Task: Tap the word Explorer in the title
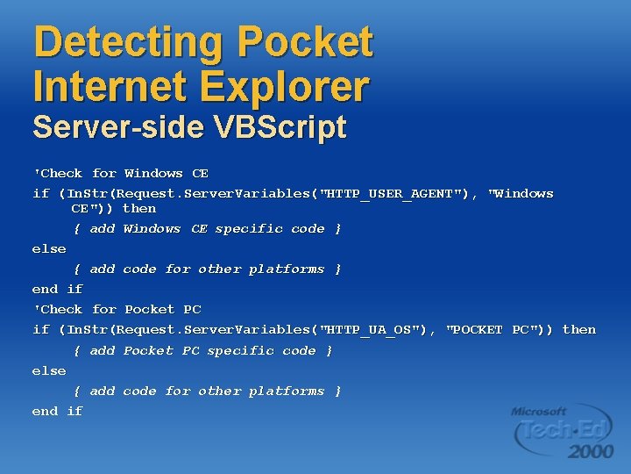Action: [x=284, y=86]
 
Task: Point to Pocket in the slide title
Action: [x=305, y=42]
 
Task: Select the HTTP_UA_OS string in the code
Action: [x=377, y=330]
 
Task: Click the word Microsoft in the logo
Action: [x=539, y=411]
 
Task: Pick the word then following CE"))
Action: [x=139, y=209]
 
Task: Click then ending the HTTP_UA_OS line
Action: [x=579, y=330]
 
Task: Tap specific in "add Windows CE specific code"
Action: [x=249, y=229]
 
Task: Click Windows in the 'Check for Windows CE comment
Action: [x=153, y=174]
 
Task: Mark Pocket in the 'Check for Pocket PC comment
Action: [x=149, y=310]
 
